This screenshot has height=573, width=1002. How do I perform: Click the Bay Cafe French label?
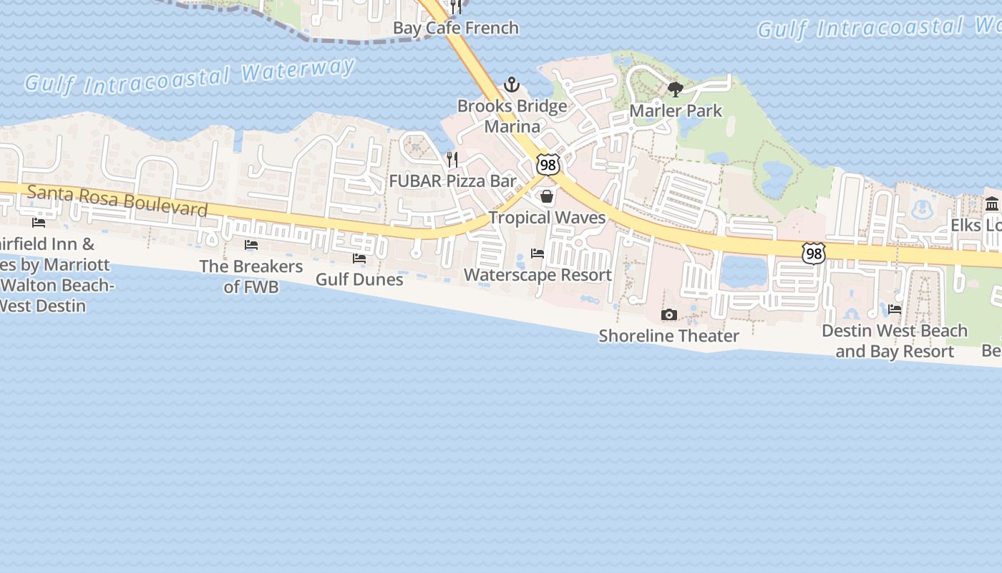pos(456,29)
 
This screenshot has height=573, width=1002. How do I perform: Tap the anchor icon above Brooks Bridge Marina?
pos(511,85)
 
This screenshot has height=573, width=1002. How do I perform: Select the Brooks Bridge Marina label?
pos(512,116)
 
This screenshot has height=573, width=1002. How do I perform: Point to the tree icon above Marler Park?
pos(675,90)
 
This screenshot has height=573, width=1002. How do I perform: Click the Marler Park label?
pos(676,111)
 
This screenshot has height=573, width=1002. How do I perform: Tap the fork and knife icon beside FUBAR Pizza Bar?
pos(452,159)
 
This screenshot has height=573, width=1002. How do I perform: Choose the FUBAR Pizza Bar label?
pos(452,181)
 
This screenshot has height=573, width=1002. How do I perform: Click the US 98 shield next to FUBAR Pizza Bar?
pos(548,165)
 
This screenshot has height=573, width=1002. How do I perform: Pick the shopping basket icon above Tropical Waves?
pos(548,196)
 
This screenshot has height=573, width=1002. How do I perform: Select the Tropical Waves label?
pos(548,218)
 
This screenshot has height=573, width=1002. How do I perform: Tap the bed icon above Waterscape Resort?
pos(538,254)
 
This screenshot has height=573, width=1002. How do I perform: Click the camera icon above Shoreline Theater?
pos(669,314)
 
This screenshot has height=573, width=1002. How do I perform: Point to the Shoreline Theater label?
pos(669,336)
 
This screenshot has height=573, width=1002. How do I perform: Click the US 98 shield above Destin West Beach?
pos(814,253)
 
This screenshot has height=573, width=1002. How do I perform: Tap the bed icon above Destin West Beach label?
pos(895,309)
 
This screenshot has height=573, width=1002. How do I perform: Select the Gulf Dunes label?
pos(359,279)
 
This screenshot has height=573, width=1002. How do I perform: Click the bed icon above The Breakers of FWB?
pos(251,245)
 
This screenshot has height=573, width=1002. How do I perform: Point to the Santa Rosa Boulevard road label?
pos(117,201)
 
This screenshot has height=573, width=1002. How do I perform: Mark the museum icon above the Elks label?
pos(992,203)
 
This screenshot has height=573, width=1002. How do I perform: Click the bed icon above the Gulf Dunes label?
pos(359,258)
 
